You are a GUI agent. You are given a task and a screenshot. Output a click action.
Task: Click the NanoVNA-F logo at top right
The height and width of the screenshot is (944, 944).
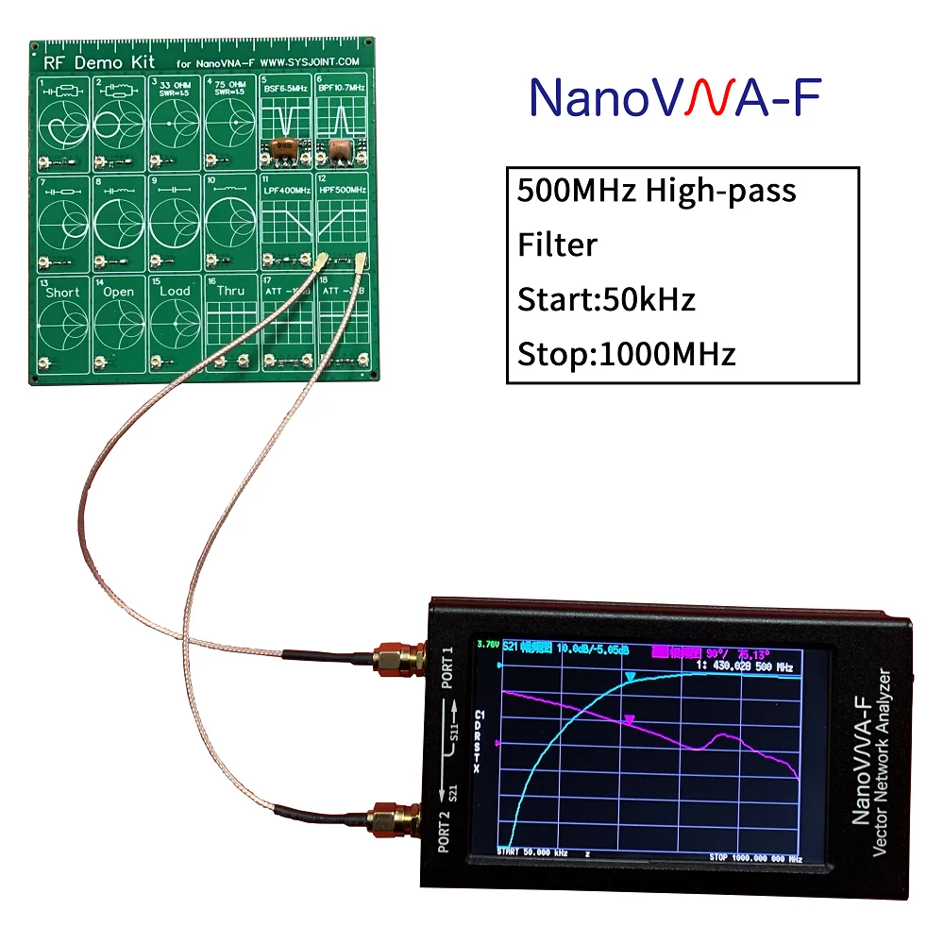674,97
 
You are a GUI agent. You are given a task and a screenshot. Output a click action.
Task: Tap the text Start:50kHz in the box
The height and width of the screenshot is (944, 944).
606,300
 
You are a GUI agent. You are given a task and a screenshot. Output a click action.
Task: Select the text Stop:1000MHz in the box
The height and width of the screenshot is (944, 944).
626,355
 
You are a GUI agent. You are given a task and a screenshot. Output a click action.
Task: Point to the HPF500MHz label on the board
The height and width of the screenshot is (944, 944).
341,190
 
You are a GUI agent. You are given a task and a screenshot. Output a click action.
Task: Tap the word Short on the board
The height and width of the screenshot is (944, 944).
62,292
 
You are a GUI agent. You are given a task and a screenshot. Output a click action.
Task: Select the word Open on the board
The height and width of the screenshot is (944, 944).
119,292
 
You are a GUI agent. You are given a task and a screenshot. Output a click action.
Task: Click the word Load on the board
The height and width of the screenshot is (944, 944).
175,291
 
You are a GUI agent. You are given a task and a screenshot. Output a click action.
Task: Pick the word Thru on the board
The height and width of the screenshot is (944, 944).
231,291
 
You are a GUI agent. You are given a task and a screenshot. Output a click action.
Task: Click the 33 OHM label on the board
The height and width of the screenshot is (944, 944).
176,83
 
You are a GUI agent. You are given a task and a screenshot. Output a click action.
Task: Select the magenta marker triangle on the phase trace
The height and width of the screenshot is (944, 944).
630,720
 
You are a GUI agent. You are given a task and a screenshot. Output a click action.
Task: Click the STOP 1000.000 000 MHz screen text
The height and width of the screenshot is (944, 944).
755,857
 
